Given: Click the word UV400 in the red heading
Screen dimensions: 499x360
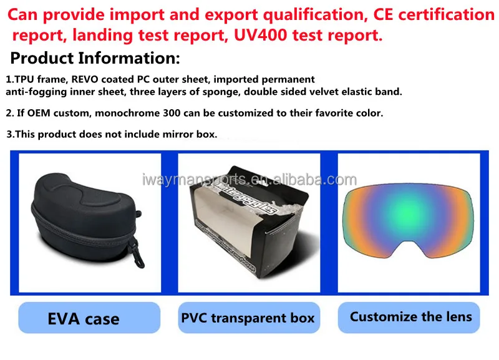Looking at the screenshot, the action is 261,35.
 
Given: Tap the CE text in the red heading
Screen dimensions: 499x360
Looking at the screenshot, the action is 383,14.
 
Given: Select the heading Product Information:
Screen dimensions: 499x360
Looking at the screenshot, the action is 95,58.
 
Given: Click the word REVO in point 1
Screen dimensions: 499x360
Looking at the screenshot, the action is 85,79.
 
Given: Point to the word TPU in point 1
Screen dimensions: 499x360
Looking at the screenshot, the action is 24,79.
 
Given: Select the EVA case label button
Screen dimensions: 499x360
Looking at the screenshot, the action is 89,318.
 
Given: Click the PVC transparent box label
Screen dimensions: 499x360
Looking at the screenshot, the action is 249,318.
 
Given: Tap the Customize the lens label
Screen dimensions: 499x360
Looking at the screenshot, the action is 409,318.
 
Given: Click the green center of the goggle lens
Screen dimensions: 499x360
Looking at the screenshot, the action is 408,210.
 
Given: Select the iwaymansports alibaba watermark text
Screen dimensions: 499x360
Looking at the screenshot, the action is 249,180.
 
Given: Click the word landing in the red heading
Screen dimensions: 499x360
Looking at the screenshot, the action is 102,36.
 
